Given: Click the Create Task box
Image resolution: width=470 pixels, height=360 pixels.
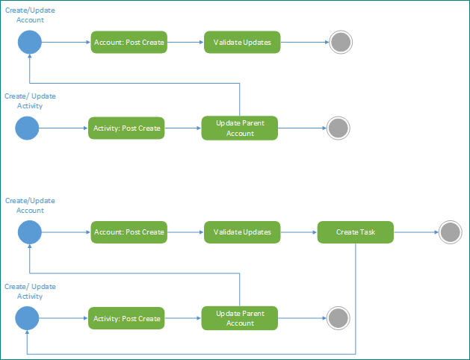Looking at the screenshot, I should [x=355, y=232].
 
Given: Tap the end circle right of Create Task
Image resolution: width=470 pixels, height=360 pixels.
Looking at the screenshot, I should [x=451, y=232].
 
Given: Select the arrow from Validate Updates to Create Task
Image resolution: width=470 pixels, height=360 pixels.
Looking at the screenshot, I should [x=298, y=232].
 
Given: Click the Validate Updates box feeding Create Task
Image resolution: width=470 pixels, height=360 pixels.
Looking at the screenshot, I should [x=242, y=232].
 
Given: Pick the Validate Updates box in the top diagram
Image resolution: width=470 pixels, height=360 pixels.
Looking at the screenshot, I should [x=242, y=43].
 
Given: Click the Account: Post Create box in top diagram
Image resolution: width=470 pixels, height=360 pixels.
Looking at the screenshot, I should [x=129, y=43].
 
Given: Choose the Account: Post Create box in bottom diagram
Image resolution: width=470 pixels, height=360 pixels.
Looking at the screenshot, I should [x=129, y=232].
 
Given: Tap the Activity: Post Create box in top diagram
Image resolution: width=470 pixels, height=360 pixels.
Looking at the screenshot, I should [x=126, y=128].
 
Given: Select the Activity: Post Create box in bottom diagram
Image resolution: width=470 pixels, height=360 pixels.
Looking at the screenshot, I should [x=126, y=319].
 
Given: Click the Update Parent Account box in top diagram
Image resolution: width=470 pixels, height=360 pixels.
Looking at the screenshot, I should [x=240, y=128].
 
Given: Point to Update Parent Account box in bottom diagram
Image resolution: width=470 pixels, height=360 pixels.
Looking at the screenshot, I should [x=240, y=319].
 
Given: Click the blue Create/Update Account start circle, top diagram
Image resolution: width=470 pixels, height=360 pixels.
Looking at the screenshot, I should [x=29, y=43].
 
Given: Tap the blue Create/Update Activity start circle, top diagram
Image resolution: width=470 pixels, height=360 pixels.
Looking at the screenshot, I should [x=27, y=128].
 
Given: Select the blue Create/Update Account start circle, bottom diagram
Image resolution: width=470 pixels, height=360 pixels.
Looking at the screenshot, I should [x=29, y=232].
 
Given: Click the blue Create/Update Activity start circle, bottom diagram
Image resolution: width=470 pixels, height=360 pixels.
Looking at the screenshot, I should [x=27, y=319].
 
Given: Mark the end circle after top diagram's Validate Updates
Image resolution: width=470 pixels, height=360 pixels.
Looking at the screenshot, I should [x=341, y=43].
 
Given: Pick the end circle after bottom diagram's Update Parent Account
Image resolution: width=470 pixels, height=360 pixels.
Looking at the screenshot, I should [x=338, y=319].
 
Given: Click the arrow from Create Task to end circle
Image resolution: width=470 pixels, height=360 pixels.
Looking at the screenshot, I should [x=415, y=232].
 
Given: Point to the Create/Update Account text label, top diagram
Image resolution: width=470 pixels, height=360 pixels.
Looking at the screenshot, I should [x=29, y=15].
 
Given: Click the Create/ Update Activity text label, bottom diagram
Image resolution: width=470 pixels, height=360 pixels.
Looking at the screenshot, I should [x=30, y=291].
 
